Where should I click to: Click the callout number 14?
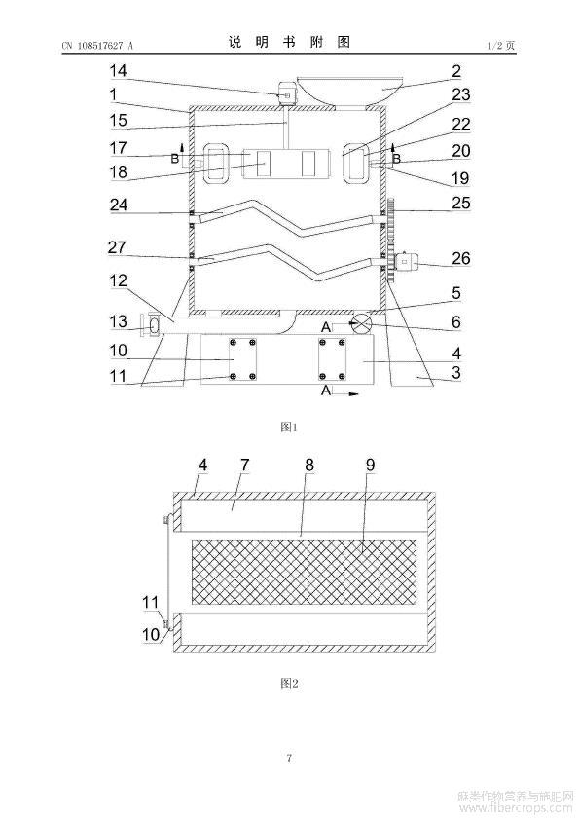118,70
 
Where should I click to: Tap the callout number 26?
461,258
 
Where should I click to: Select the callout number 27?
117,246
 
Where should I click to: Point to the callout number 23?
461,94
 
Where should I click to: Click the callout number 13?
118,321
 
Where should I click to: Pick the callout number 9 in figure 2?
370,465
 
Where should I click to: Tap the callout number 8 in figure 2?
309,465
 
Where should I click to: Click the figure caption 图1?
289,428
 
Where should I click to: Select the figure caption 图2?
289,683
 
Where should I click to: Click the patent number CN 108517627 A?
97,46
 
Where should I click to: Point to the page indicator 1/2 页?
502,46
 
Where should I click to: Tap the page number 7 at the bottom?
289,758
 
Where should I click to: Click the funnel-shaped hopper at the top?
350,89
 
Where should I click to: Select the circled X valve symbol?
362,322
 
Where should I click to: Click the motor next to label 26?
408,261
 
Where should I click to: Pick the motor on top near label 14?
285,95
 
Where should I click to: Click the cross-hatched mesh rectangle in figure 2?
305,572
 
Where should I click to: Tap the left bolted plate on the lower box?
242,359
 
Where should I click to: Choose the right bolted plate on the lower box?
333,359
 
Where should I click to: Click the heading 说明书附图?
289,42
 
